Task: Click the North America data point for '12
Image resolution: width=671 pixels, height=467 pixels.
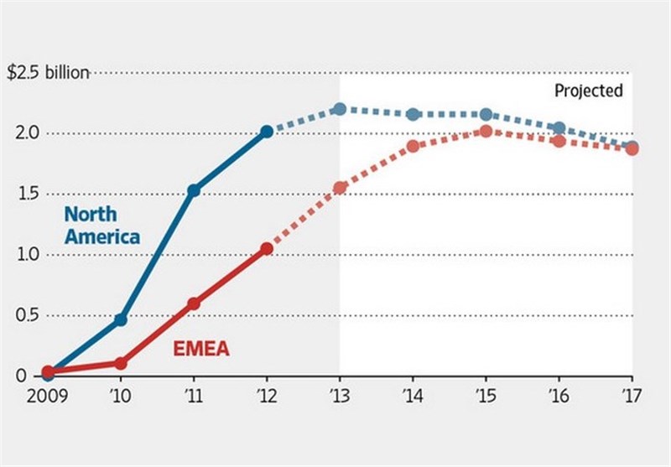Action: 267,132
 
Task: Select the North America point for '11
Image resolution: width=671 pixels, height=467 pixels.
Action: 194,190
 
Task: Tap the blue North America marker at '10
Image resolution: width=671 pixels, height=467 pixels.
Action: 121,319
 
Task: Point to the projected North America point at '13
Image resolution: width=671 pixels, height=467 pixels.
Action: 340,109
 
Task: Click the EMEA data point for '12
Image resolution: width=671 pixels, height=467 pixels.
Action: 267,249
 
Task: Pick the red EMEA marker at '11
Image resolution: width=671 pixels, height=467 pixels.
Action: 194,304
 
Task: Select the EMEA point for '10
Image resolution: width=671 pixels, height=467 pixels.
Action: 121,363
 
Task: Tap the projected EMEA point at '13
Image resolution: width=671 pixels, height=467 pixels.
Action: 340,188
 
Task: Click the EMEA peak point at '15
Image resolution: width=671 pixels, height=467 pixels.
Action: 486,132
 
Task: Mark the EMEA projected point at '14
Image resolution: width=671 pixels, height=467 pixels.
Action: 413,146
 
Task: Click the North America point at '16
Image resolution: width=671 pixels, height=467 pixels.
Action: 559,128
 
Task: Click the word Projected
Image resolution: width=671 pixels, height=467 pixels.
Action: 589,91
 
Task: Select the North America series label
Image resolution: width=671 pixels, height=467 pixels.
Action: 102,226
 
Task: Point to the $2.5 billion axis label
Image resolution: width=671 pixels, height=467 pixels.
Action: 47,73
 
